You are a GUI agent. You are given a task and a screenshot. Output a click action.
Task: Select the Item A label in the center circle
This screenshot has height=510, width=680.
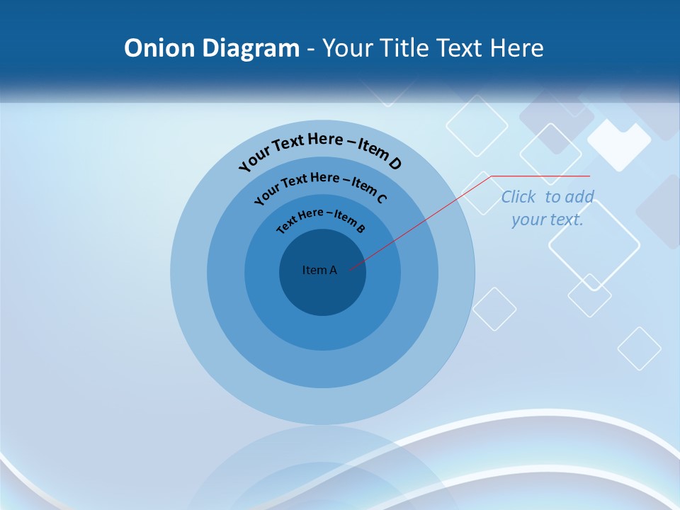click(319, 270)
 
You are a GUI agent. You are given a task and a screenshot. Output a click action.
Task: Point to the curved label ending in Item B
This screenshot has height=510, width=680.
click(321, 219)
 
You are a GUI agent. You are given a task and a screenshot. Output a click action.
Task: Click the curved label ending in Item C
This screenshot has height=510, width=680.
click(320, 186)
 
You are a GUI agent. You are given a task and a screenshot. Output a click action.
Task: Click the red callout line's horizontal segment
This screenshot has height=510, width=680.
click(540, 176)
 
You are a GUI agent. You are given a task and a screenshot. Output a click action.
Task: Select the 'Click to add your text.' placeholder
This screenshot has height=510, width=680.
click(548, 208)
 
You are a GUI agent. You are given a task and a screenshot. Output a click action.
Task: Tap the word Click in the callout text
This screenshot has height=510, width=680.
click(518, 197)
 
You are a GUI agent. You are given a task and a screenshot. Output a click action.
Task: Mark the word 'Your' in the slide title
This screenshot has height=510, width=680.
click(348, 48)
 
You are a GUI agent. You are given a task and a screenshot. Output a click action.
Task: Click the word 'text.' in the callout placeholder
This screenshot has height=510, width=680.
click(567, 220)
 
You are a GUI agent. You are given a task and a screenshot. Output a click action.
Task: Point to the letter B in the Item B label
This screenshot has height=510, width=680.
click(361, 228)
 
